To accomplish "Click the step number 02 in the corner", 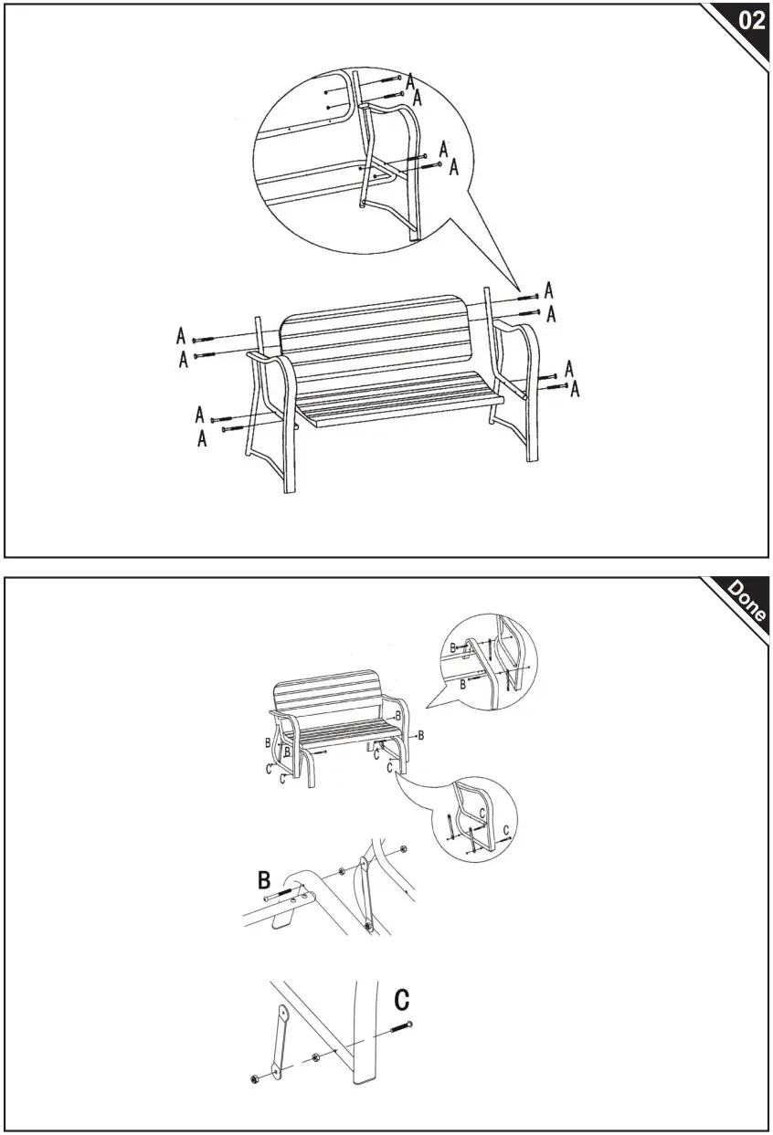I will pyautogui.click(x=750, y=21).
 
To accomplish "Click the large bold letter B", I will pyautogui.click(x=264, y=881).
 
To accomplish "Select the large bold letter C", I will pyautogui.click(x=401, y=1000).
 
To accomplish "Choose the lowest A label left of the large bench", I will pyautogui.click(x=202, y=439).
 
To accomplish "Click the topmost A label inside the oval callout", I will pyautogui.click(x=411, y=80).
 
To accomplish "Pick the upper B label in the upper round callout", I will pyautogui.click(x=452, y=647).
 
